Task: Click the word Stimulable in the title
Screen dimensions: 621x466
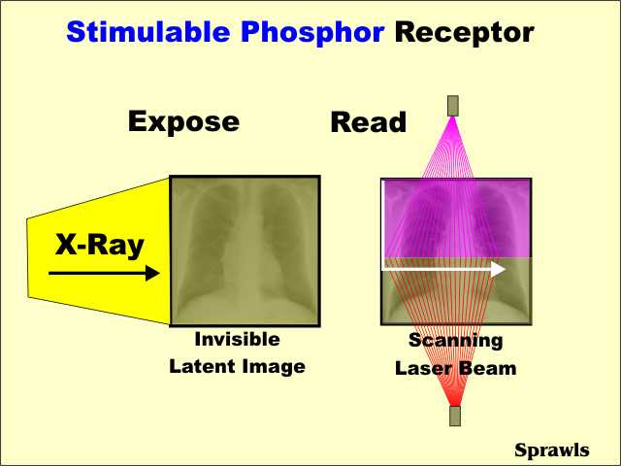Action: tap(148, 32)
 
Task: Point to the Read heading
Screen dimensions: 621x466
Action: tap(369, 122)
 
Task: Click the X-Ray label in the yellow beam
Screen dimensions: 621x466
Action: tap(99, 246)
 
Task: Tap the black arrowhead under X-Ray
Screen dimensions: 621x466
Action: tap(153, 273)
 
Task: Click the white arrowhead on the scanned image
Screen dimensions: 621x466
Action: tap(498, 269)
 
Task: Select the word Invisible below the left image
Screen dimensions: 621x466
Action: tap(237, 339)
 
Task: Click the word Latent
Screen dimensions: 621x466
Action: tap(203, 366)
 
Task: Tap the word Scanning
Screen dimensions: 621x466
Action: tap(456, 341)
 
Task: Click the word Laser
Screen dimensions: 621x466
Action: tap(422, 369)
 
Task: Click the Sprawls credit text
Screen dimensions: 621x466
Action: tap(552, 450)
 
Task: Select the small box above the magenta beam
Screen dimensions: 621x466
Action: tap(453, 106)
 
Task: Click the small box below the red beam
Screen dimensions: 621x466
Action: tap(455, 416)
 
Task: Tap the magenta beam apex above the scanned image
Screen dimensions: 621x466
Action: tap(453, 117)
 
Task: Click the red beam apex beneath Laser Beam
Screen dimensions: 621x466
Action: tap(455, 404)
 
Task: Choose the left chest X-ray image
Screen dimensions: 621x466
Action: tap(245, 250)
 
